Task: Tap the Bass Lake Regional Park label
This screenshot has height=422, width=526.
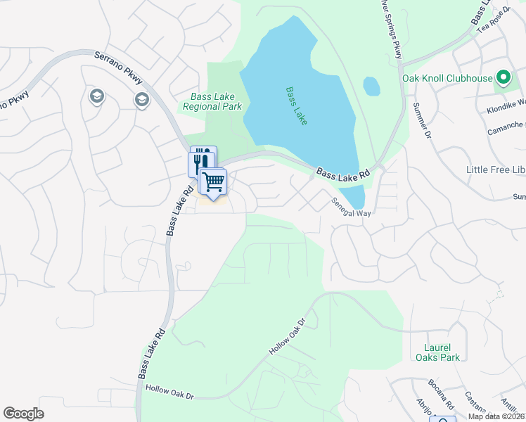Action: point(212,102)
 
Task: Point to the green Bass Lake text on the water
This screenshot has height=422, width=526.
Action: point(297,106)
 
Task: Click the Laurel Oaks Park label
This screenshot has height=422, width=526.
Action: point(442,352)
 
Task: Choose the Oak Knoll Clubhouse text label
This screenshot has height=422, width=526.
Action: point(447,78)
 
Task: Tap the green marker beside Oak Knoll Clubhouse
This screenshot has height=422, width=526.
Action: point(503,77)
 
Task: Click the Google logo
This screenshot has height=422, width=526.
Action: point(23,414)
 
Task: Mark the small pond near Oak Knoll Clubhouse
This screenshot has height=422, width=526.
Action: point(372,87)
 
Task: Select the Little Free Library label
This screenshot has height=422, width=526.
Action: point(496,170)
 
